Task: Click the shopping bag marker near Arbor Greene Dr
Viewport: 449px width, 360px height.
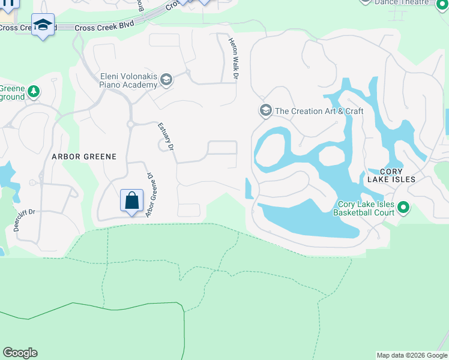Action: pos(132,200)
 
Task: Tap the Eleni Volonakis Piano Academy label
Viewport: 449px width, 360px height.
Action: pos(128,80)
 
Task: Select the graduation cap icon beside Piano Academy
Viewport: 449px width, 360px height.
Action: pos(166,80)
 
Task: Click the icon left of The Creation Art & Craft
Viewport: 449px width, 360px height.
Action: pos(265,110)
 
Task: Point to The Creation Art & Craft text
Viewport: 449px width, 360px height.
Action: pos(319,111)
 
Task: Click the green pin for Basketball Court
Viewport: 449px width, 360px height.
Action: pos(403,208)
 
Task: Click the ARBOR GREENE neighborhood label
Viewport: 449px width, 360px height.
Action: pos(83,156)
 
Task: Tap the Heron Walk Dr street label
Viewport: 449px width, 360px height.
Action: pos(232,59)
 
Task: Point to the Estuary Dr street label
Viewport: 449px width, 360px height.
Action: pos(166,136)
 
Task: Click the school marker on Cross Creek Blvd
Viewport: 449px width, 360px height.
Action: pos(43,25)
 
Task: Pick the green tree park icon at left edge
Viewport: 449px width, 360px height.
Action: pos(34,92)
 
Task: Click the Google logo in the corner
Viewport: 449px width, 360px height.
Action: pos(20,353)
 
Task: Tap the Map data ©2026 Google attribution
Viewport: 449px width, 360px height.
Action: pos(412,355)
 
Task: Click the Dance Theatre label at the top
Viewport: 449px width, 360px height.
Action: pos(402,2)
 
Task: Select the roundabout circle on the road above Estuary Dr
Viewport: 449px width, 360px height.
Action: pos(130,124)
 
